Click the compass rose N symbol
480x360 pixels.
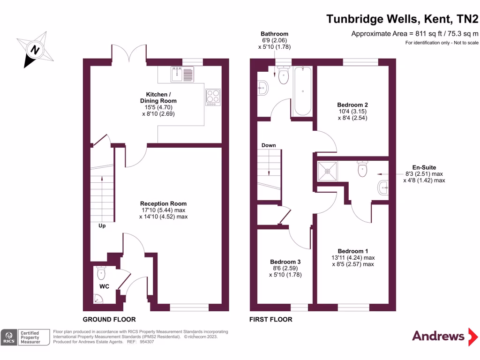pos(35,50)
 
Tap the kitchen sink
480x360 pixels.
pos(182,74)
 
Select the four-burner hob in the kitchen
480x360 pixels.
pos(213,97)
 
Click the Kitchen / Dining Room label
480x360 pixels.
pos(158,97)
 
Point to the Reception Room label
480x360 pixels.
pos(163,203)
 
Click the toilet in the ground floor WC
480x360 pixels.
pos(101,272)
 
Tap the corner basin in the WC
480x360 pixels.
pos(98,299)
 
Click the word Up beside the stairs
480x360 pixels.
pos(102,225)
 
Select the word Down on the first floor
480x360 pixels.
pos(269,145)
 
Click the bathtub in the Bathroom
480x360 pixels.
pos(303,91)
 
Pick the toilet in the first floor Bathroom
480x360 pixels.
pos(284,75)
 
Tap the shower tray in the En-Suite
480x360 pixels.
pos(327,172)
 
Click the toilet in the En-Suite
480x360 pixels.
pos(362,169)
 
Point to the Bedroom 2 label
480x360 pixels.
pos(352,105)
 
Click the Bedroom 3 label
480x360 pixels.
pos(285,262)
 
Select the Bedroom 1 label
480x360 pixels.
pos(353,251)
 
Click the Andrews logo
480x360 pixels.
pos(445,336)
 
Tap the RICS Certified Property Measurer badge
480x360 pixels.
pos(25,337)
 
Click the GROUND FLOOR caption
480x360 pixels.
pos(109,319)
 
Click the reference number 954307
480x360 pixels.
pos(147,342)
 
